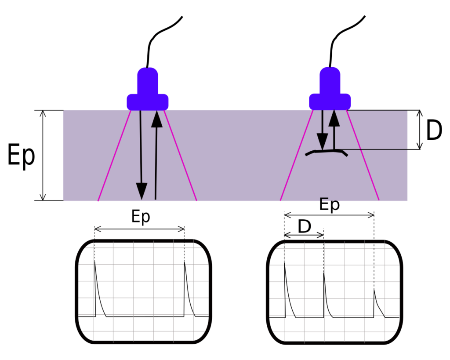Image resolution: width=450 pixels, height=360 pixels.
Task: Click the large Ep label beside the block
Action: (x=21, y=155)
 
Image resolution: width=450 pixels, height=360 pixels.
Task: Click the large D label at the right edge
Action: (x=434, y=130)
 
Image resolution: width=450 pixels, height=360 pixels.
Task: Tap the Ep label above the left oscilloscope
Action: (x=141, y=217)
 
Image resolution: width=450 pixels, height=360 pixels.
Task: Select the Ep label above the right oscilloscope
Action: (x=330, y=205)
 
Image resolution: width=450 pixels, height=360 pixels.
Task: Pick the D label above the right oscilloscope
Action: (x=305, y=226)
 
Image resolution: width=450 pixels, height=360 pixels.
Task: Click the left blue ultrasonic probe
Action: (x=148, y=89)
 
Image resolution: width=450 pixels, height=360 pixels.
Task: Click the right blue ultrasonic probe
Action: (x=330, y=89)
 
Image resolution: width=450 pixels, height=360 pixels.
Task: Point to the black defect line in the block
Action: (x=327, y=152)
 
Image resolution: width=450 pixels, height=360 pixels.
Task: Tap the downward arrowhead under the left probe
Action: (x=142, y=191)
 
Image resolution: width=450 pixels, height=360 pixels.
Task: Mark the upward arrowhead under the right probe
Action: (x=334, y=118)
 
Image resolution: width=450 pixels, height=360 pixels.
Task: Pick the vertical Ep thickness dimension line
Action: (x=43, y=155)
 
